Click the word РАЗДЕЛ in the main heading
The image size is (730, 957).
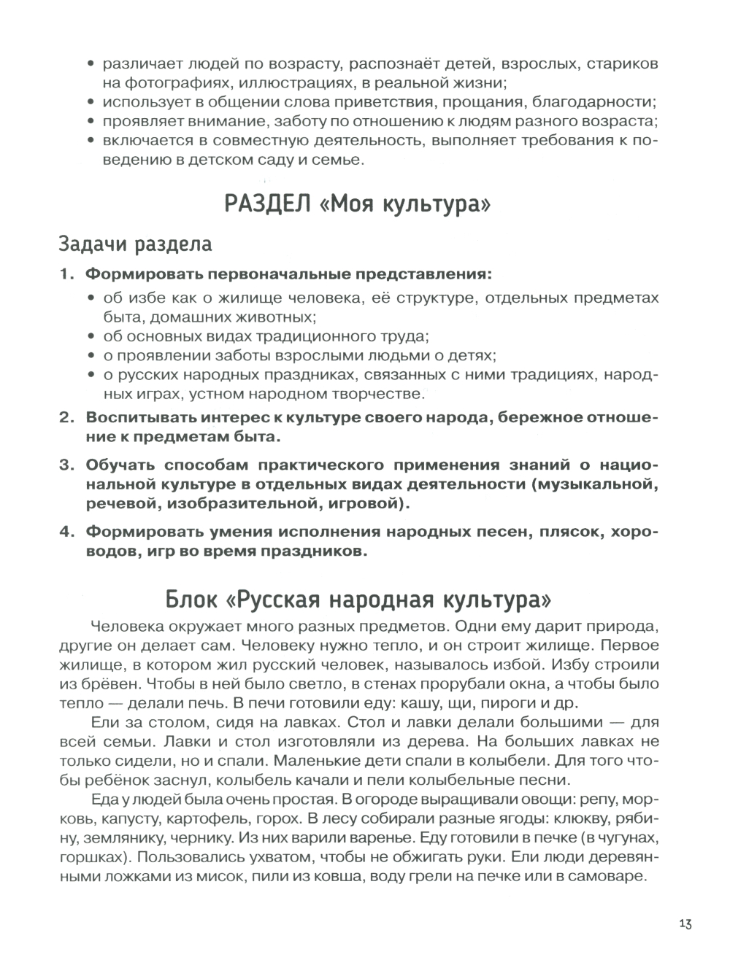pos(266,204)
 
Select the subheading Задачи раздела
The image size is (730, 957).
pos(135,243)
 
